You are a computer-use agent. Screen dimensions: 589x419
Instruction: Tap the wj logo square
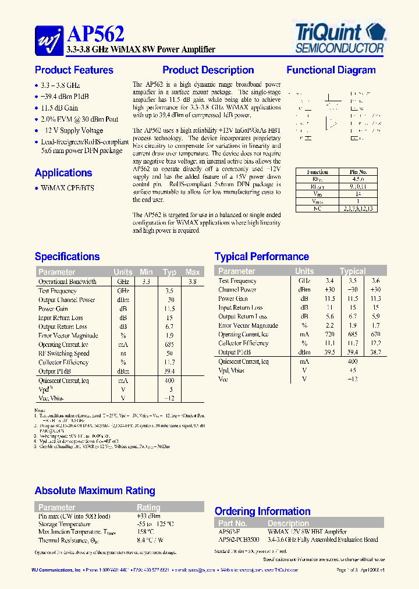[49, 38]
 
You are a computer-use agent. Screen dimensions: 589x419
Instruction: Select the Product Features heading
[74, 70]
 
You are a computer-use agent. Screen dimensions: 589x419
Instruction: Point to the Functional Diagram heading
[331, 70]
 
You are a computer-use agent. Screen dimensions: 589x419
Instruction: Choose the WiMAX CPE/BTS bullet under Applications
[67, 188]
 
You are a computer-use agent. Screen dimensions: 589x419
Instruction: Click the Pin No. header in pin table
[358, 172]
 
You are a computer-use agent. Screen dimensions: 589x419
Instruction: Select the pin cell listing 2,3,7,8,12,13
[358, 208]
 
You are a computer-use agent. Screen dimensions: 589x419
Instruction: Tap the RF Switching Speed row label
[64, 353]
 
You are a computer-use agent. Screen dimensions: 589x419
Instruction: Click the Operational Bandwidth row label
[67, 282]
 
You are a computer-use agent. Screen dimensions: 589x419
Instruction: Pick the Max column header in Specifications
[192, 272]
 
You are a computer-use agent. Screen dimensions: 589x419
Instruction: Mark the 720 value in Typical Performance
[329, 335]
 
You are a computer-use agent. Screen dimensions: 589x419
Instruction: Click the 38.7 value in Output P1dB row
[375, 352]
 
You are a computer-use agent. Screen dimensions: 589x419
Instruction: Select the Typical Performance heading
[261, 257]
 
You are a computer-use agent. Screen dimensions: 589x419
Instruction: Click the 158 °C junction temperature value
[145, 532]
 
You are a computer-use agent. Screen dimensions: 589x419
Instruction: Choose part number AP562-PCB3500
[239, 540]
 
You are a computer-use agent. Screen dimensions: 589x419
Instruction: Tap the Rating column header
[148, 507]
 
